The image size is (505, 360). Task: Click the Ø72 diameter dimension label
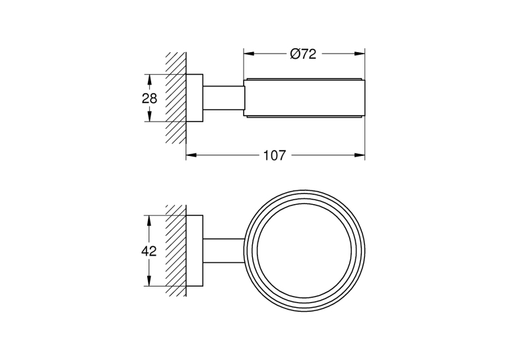[303, 54]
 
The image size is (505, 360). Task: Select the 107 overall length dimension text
[275, 155]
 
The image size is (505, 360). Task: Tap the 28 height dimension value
[149, 98]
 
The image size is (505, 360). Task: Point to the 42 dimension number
[149, 251]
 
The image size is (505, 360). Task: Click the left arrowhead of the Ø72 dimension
[249, 54]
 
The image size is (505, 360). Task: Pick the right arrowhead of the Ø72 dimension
[359, 54]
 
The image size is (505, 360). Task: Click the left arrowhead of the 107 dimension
[191, 155]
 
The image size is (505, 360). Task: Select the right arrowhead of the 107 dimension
[359, 155]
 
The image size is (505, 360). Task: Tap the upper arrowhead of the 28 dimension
[149, 80]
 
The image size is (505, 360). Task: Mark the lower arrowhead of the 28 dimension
[149, 116]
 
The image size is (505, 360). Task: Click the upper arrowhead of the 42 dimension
[149, 221]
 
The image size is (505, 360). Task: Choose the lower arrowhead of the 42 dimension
[149, 281]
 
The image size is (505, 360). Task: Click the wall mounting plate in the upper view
[195, 98]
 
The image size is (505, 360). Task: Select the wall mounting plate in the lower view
[195, 250]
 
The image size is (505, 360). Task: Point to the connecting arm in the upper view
[223, 98]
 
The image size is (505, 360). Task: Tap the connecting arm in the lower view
[224, 250]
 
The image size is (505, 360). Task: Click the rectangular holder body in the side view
[304, 98]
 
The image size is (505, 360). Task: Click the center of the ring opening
[304, 251]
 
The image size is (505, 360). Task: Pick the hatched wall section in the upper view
[176, 98]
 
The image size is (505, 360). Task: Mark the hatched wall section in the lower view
[176, 250]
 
